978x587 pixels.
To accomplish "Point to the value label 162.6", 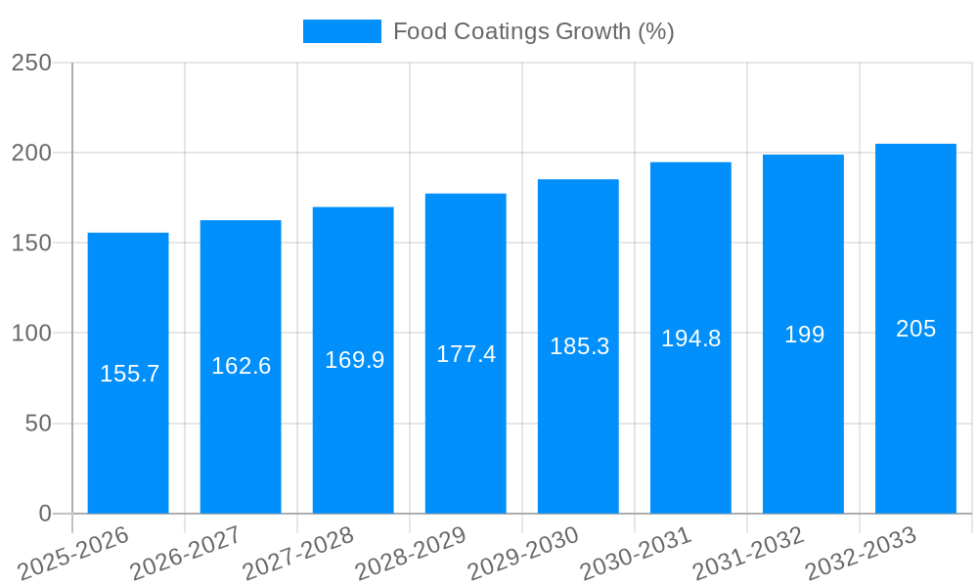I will pos(241,366).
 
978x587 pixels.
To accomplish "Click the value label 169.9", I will pos(354,360).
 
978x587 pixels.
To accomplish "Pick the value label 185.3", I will pos(579,346).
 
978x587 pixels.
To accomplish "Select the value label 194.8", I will pos(690,339).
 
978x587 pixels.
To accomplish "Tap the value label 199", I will pos(804,335).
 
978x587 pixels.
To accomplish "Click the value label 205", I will pos(915,329).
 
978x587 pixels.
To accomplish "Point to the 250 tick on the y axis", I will pos(31,63).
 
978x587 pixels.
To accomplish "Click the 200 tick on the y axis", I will pos(31,153).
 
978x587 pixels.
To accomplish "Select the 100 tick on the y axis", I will pos(31,334).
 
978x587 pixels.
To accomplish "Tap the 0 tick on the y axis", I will pos(45,514).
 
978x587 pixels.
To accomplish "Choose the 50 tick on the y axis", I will pos(38,424).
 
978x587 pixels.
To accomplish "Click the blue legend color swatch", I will pos(341,31).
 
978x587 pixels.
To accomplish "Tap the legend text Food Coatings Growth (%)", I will pos(533,31).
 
